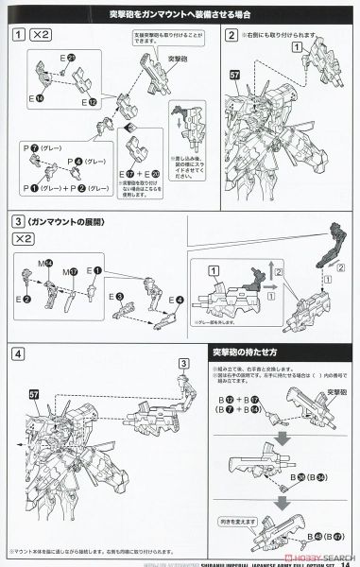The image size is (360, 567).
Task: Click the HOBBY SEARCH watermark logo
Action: coord(326,551)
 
